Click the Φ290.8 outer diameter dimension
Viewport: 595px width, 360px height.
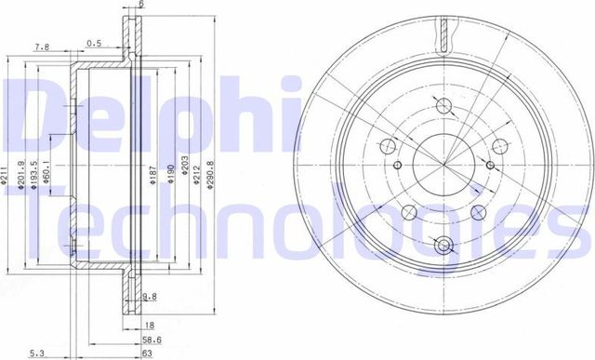point(211,172)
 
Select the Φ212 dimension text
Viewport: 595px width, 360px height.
point(197,172)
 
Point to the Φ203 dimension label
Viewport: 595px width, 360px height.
point(183,172)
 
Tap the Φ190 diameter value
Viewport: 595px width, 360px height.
point(169,172)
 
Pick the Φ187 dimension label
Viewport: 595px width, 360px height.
point(152,172)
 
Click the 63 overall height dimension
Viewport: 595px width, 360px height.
point(146,353)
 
